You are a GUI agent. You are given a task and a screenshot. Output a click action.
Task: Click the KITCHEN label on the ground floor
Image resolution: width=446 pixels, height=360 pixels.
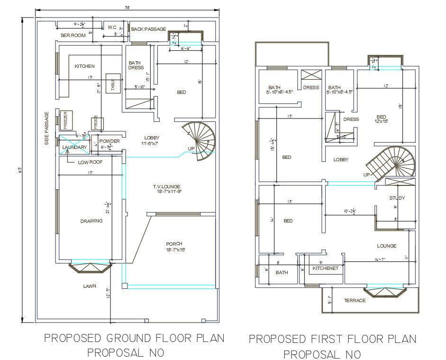tap(84, 66)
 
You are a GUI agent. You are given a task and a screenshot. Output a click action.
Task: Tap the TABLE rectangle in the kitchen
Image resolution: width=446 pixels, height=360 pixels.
tap(112, 84)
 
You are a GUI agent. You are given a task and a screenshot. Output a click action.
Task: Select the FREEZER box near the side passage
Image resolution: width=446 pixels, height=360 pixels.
tap(65, 119)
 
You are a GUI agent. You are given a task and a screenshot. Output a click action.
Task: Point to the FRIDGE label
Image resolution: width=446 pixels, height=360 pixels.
tap(96, 122)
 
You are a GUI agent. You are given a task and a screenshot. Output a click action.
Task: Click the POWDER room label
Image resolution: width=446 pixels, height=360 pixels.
tap(109, 141)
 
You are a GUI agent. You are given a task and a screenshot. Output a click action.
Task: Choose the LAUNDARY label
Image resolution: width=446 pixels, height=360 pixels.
tap(75, 148)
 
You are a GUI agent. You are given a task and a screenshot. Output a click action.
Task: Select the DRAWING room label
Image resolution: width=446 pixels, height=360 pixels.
tap(91, 221)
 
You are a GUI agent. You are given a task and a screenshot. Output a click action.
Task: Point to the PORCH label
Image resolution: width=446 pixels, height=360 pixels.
tap(175, 244)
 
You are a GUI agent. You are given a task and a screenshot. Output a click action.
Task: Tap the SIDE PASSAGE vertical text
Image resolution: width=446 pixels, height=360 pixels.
tap(47, 128)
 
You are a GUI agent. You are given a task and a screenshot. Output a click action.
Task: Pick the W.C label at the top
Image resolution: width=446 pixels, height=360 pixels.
tap(112, 28)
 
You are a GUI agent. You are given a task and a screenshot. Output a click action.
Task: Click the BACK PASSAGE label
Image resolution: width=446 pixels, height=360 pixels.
tap(148, 29)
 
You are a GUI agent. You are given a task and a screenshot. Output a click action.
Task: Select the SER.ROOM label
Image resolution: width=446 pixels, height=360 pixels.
tap(73, 36)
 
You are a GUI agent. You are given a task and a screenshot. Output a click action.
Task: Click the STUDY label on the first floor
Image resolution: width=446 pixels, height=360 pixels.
tap(397, 198)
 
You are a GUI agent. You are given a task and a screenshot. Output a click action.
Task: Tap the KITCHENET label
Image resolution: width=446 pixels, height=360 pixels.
tap(326, 268)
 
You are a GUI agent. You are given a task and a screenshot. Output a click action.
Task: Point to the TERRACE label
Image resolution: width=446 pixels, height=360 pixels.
tap(355, 301)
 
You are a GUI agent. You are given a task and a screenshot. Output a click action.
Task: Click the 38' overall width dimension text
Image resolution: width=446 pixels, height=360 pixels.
tap(127, 8)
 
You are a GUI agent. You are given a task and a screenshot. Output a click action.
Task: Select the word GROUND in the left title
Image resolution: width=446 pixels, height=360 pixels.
tap(129, 338)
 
